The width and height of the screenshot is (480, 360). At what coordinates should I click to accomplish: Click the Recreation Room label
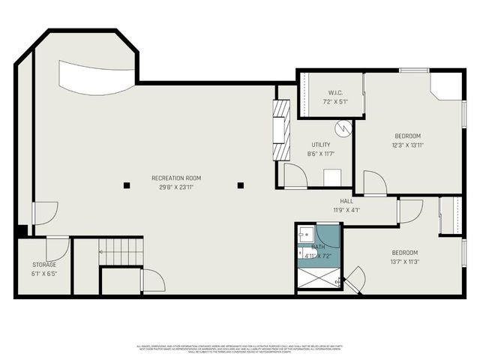(x=176, y=178)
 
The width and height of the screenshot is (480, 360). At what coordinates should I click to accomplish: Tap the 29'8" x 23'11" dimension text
(x=176, y=187)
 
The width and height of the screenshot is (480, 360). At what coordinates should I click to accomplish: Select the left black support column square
(x=127, y=184)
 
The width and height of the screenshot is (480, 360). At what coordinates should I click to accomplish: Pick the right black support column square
(x=241, y=184)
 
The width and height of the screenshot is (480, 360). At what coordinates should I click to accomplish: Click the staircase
(x=121, y=252)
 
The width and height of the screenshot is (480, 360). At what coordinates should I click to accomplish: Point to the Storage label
(x=43, y=265)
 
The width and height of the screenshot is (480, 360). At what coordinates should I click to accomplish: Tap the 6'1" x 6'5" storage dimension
(x=43, y=274)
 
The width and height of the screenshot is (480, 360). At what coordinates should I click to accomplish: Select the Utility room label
(x=321, y=145)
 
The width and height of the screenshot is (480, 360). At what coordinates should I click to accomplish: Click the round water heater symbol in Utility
(x=343, y=127)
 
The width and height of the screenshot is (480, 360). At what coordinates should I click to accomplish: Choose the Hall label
(x=346, y=201)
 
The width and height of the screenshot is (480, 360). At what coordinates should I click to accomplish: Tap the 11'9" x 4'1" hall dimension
(x=346, y=210)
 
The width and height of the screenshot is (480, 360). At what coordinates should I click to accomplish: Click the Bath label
(x=319, y=247)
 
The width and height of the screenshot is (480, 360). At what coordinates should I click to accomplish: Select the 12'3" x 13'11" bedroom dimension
(x=407, y=145)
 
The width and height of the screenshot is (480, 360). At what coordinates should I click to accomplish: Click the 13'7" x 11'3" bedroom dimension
(x=404, y=262)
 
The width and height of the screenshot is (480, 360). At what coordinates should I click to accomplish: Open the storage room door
(x=58, y=248)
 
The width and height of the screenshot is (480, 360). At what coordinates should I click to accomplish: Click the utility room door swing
(x=294, y=176)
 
